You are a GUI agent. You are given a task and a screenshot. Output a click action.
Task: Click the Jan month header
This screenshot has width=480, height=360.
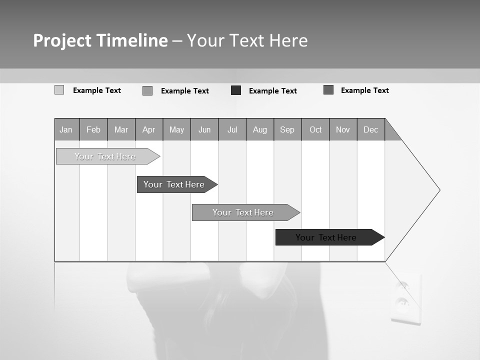[x=66, y=129]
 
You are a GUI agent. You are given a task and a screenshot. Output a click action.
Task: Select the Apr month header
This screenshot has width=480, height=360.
[x=149, y=129]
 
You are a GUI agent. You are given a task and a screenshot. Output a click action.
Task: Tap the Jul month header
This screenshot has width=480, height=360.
[x=232, y=129]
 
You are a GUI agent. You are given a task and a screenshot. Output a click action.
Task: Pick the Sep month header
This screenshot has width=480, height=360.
[x=287, y=129]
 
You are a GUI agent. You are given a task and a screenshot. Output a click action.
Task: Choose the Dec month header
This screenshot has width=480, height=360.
[x=370, y=129]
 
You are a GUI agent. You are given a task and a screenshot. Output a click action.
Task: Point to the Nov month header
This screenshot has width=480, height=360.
[x=342, y=129]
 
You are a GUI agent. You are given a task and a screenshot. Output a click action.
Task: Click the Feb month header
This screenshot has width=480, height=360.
[x=93, y=129]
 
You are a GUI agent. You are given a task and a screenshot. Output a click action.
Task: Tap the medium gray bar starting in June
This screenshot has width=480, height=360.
[x=243, y=212]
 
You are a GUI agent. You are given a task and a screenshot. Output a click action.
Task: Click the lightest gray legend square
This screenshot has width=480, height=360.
[x=59, y=90]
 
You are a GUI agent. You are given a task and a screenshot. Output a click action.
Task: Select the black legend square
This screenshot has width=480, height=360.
[x=236, y=90]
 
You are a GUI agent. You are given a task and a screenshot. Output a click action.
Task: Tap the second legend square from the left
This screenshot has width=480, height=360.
[x=147, y=90]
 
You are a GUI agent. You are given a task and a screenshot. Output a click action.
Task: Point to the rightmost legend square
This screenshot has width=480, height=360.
[x=328, y=90]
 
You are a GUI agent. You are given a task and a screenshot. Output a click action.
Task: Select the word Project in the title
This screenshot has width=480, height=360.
[x=62, y=40]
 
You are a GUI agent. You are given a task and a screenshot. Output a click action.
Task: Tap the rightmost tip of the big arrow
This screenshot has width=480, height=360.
[x=439, y=190]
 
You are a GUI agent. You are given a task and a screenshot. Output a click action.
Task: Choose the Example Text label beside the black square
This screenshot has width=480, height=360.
[x=272, y=91]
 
